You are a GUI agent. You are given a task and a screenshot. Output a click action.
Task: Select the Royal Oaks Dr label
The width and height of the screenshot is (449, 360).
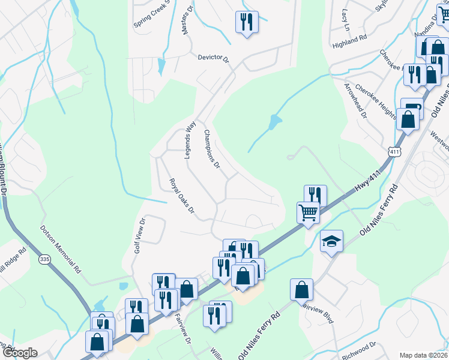(x=181, y=196)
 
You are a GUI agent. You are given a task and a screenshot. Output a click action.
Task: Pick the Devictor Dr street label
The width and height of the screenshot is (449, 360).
(x=214, y=58)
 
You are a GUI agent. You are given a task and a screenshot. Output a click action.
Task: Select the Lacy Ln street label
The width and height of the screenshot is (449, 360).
(x=345, y=19)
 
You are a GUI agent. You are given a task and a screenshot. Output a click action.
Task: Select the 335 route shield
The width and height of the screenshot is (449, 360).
(x=44, y=259)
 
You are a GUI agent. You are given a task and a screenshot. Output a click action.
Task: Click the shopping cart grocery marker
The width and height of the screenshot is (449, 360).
(x=308, y=212)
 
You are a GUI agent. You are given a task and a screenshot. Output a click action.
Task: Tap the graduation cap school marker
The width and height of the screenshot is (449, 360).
(x=331, y=241)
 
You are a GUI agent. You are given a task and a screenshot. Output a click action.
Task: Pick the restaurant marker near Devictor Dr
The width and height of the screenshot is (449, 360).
(x=247, y=22)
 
